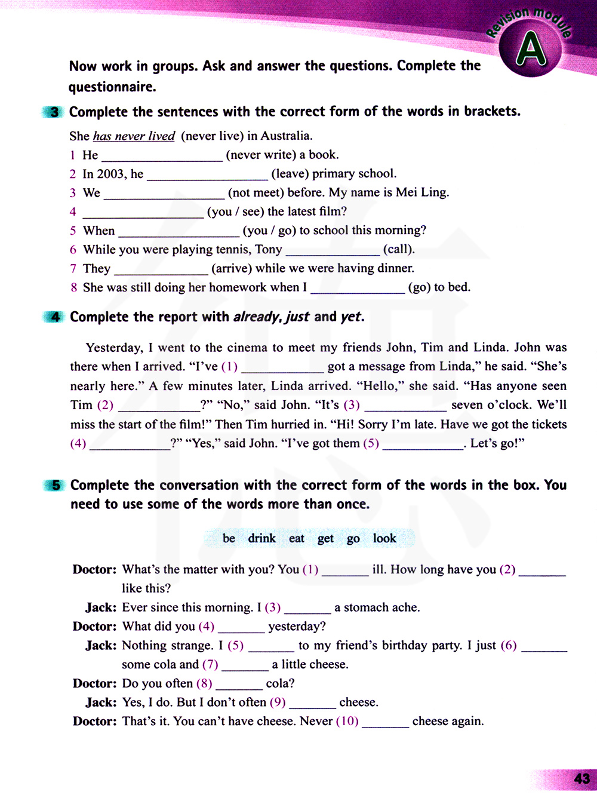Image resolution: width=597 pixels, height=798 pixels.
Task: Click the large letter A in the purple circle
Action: point(531,50)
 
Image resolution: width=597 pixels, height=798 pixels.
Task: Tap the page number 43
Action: point(581,779)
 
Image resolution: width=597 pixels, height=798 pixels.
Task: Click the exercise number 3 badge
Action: point(54,112)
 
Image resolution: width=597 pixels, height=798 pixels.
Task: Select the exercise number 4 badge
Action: point(55,317)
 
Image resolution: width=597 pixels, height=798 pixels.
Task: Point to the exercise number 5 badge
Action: point(56,486)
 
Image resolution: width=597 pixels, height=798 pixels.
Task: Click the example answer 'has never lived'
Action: point(134,136)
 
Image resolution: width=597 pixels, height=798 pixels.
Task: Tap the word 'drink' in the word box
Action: point(261,539)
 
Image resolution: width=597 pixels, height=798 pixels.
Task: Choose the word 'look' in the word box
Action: point(384,539)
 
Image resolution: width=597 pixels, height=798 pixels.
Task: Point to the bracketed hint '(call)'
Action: point(399,250)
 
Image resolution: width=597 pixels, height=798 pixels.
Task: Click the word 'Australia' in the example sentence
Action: point(286,136)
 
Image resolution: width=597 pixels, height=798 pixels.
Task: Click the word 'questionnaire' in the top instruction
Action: point(112,87)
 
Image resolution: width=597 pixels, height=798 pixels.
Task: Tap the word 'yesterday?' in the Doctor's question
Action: point(297,627)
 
